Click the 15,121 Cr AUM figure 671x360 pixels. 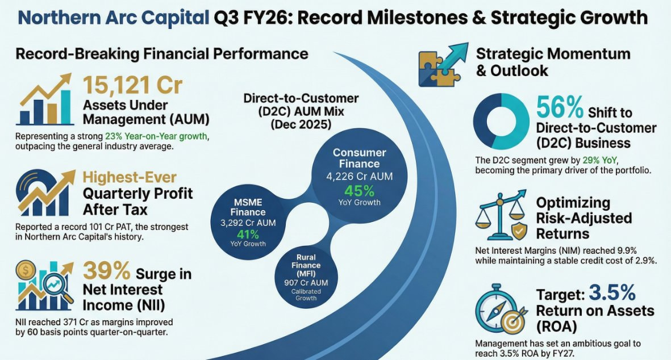pyautogui.click(x=132, y=85)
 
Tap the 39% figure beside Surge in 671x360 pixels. pyautogui.click(x=107, y=271)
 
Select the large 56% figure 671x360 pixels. pyautogui.click(x=560, y=107)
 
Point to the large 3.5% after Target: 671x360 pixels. pyautogui.click(x=612, y=293)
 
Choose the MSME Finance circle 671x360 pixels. pyautogui.click(x=248, y=222)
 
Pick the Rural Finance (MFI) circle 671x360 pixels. pyautogui.click(x=306, y=278)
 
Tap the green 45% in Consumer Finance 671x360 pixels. pyautogui.click(x=360, y=191)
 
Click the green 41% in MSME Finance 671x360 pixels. pyautogui.click(x=248, y=235)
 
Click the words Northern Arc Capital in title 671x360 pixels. pyautogui.click(x=114, y=18)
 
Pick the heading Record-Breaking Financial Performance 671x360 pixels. pyautogui.click(x=162, y=54)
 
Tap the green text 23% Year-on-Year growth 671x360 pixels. pyautogui.click(x=157, y=136)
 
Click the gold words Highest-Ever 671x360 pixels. pyautogui.click(x=129, y=177)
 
